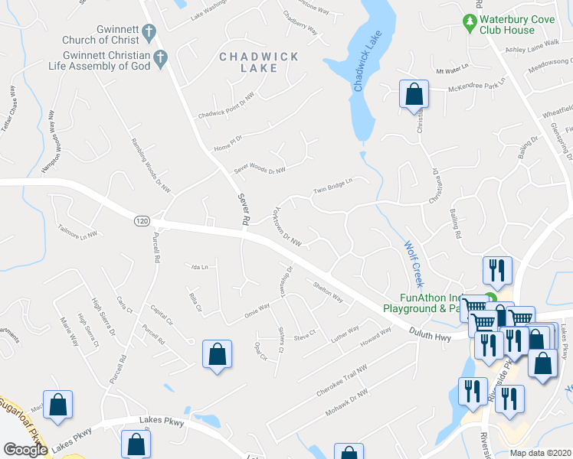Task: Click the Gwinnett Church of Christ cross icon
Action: tap(149, 33)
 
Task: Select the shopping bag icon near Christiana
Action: tap(414, 95)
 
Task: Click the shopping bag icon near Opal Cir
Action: tap(217, 354)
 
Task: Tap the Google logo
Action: tap(25, 449)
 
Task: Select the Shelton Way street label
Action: tap(328, 291)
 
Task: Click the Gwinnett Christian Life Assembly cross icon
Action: tap(161, 57)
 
